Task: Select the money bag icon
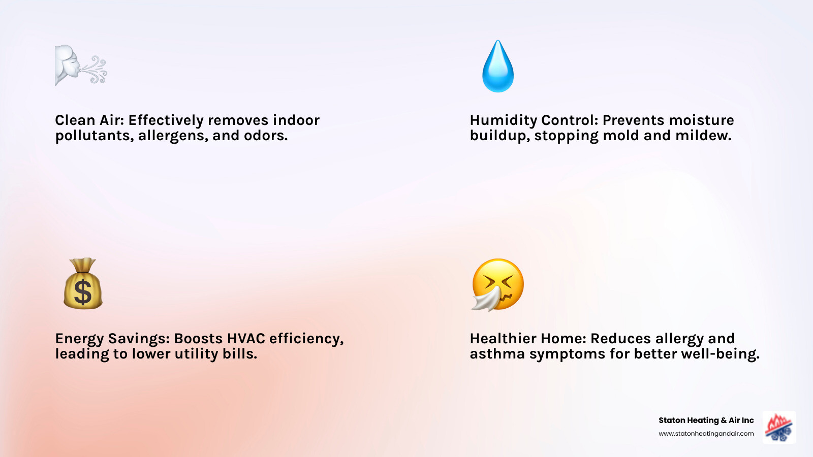coord(83,284)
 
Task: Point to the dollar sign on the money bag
coord(83,292)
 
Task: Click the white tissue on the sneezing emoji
coord(486,300)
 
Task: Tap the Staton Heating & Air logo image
coord(779,427)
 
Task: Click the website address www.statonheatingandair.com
coord(706,434)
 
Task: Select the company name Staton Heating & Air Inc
coord(706,420)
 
